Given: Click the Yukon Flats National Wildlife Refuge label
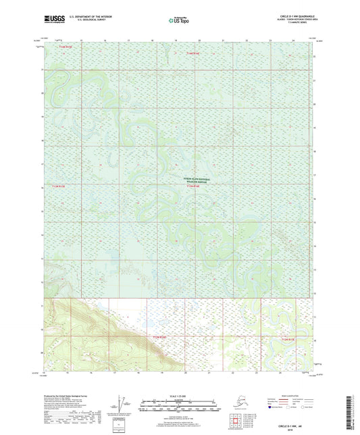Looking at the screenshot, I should pos(197,180).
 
